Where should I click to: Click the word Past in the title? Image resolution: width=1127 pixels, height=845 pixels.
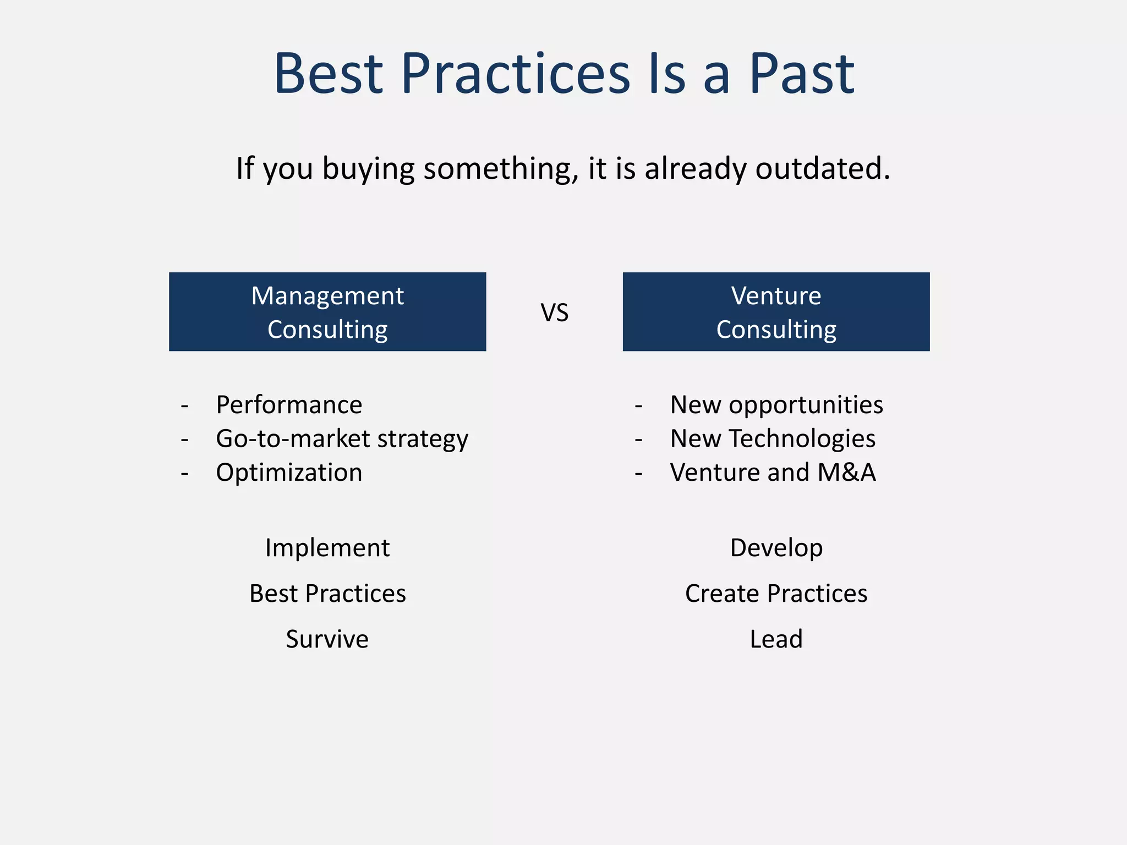point(801,74)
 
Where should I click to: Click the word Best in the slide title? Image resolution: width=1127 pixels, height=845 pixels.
point(328,74)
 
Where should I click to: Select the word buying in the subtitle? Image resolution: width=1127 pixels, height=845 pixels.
point(368,168)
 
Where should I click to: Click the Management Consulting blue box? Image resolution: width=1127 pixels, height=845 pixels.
point(327,312)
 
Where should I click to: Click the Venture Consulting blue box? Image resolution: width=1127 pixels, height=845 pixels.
point(776,312)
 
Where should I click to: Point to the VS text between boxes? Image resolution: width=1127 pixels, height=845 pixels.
point(554,313)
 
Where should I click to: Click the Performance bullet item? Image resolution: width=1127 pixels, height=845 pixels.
point(289,405)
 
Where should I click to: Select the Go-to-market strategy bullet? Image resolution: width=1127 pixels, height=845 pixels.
point(342,439)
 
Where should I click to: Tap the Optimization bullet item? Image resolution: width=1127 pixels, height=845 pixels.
point(289,473)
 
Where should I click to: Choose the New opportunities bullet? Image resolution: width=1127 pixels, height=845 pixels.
point(776,405)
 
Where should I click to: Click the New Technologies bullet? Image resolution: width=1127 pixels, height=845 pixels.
point(772,439)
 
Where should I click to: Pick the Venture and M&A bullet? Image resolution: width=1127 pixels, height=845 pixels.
point(772,473)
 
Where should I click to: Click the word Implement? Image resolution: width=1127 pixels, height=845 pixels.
point(327,548)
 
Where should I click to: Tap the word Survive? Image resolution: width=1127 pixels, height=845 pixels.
point(327,639)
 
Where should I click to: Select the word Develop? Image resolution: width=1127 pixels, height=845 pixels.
point(776,548)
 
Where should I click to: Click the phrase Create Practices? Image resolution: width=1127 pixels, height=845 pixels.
point(776,594)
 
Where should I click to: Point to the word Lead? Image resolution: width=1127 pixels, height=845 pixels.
point(776,639)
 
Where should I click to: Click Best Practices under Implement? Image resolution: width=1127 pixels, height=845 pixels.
point(327,594)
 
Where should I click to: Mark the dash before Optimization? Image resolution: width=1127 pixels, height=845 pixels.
point(185,474)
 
